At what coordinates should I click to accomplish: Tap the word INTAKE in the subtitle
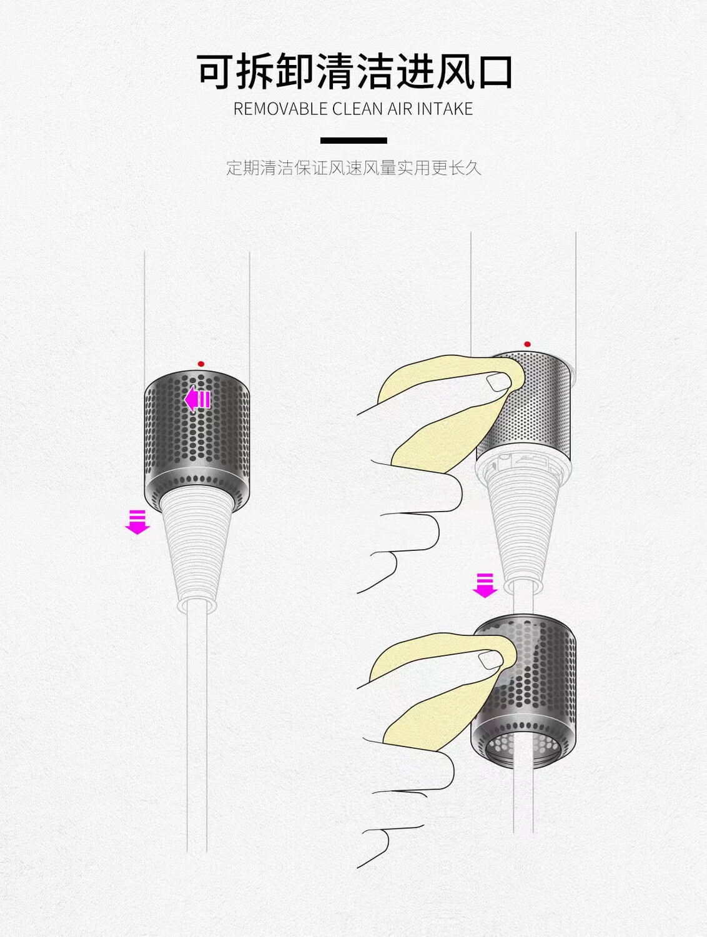[x=445, y=109]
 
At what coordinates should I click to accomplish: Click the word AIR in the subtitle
[x=400, y=109]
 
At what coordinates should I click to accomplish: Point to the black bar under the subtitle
[x=353, y=141]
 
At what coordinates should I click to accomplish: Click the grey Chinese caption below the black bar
[x=353, y=168]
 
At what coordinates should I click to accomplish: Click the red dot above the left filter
[x=200, y=364]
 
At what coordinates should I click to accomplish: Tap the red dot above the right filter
[x=527, y=344]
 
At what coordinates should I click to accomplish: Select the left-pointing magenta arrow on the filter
[x=197, y=399]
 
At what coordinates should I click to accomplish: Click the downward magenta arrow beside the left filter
[x=137, y=522]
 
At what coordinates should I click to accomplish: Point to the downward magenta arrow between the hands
[x=485, y=585]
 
